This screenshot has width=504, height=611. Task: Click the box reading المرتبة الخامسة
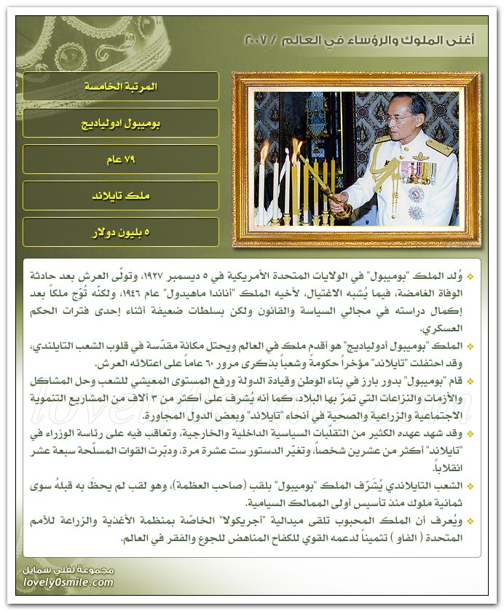click(121, 87)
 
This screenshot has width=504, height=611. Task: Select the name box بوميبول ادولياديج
click(121, 123)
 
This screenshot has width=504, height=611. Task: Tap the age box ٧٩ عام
click(121, 159)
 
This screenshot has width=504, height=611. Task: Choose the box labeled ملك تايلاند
click(121, 196)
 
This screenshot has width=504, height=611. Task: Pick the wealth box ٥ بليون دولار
click(121, 232)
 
